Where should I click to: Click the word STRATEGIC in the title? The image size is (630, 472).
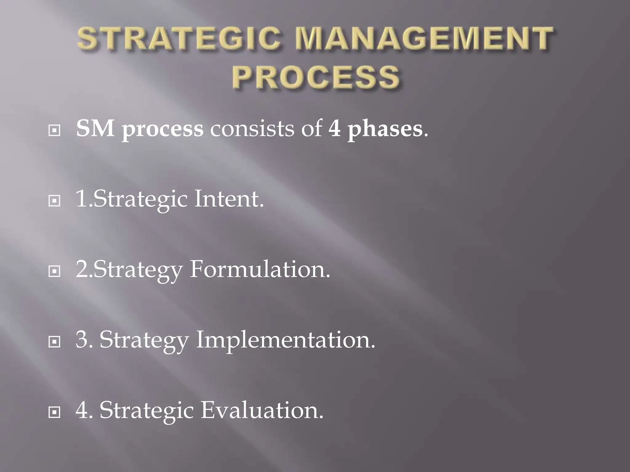[x=179, y=38]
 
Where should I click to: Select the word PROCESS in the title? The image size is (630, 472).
[x=316, y=77]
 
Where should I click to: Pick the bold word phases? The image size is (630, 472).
[x=385, y=129]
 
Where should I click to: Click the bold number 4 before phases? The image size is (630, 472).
[x=335, y=128]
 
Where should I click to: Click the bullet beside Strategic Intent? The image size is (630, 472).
[x=54, y=201]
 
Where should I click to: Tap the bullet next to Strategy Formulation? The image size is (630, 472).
[x=54, y=272]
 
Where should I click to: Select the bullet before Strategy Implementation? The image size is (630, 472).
[x=54, y=342]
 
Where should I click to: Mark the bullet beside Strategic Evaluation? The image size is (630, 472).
[x=54, y=412]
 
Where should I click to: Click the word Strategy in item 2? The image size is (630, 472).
[x=138, y=270]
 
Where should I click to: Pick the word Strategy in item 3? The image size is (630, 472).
[x=144, y=340]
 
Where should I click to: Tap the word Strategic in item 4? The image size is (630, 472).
[x=146, y=411]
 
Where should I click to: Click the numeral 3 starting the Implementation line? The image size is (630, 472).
[x=82, y=340]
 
